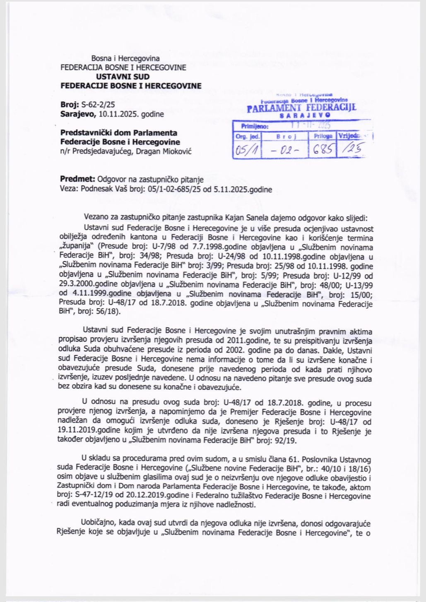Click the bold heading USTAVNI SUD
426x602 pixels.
pos(123,77)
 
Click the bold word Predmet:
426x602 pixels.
pos(78,179)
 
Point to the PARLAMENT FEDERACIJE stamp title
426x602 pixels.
pos(301,108)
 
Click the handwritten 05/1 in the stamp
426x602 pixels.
pos(247,149)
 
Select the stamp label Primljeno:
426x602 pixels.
pos(252,127)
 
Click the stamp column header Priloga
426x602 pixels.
pos(323,136)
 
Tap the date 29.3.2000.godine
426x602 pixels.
pos(86,285)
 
